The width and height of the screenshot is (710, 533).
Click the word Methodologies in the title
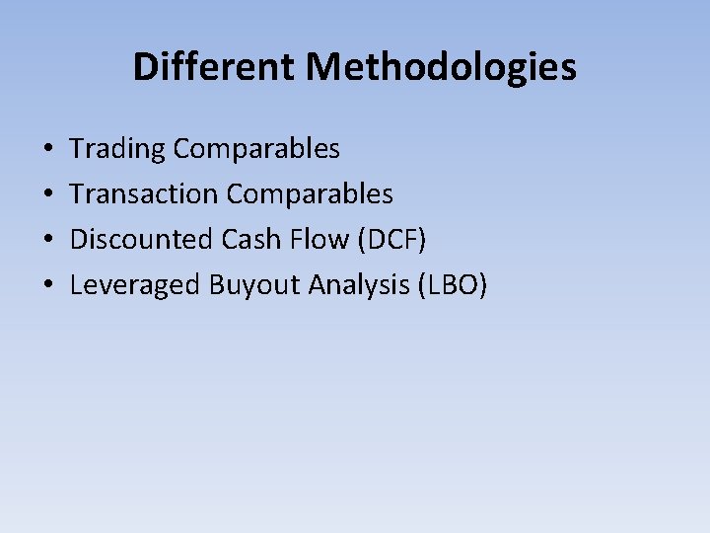tap(441, 67)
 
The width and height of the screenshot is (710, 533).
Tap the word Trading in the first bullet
tap(117, 149)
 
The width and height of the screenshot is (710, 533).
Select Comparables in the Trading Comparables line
tap(256, 149)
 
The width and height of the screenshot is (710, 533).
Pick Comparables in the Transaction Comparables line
tap(310, 194)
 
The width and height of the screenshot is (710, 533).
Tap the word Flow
tap(317, 240)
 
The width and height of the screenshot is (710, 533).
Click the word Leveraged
tap(135, 285)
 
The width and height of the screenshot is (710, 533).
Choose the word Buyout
tap(255, 285)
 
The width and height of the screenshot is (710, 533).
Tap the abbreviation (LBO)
tap(453, 285)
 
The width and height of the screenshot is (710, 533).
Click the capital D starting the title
tap(144, 67)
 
